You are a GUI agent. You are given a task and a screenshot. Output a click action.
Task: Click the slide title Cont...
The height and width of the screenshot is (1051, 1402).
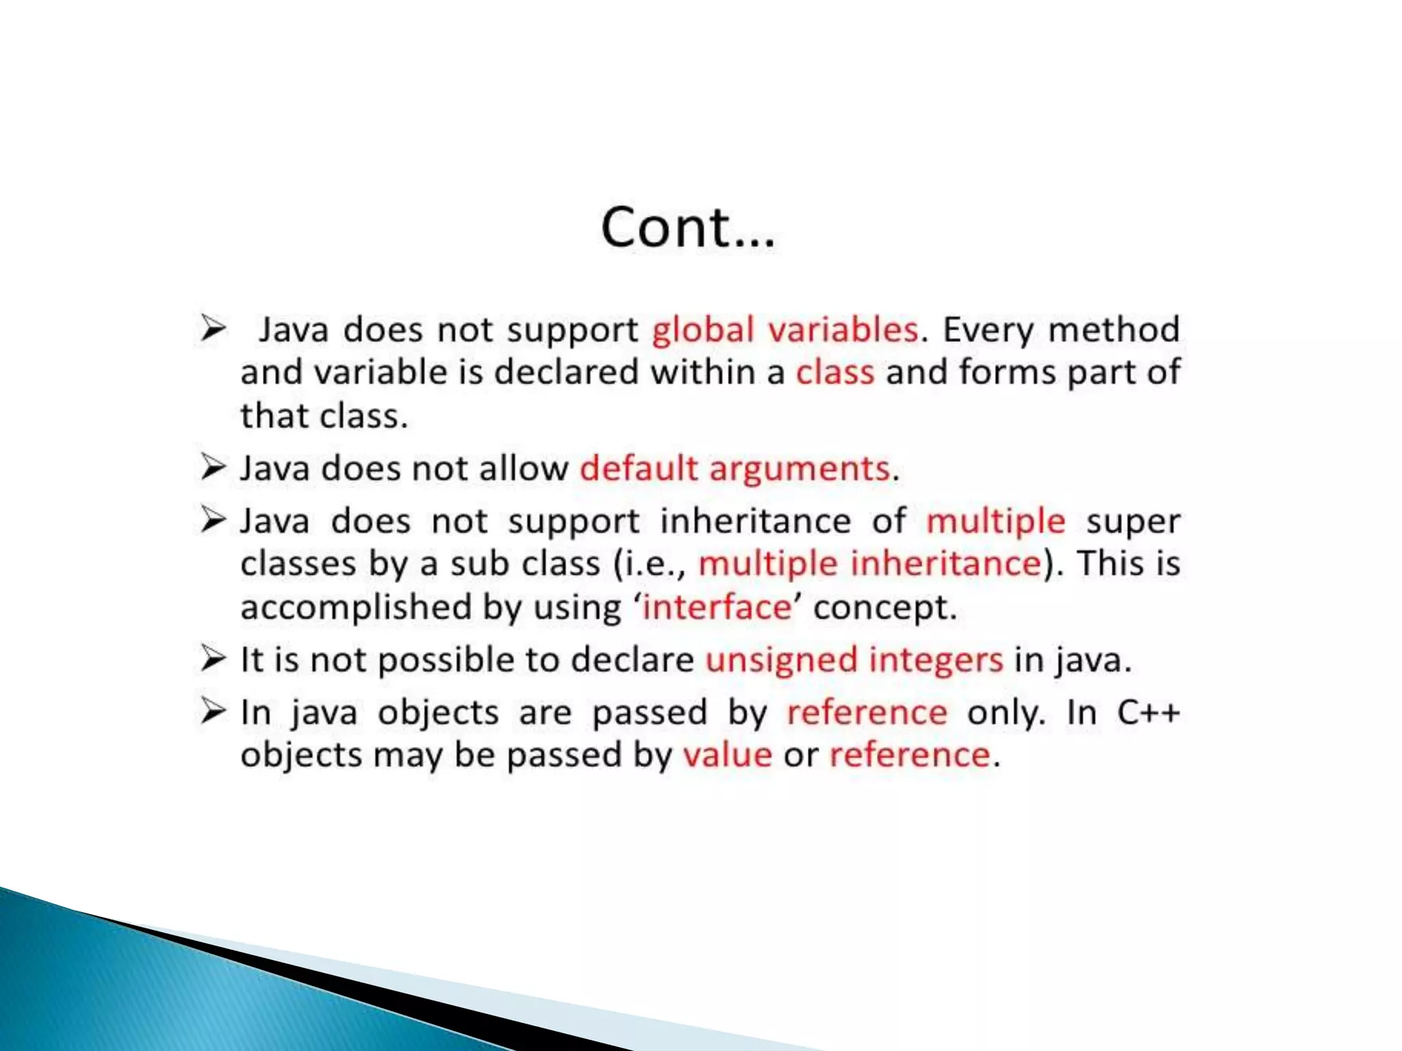[x=688, y=227]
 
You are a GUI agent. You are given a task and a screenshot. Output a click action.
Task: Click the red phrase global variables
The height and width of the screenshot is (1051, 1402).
[x=785, y=330]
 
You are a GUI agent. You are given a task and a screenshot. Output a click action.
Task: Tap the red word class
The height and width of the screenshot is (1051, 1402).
[x=834, y=373]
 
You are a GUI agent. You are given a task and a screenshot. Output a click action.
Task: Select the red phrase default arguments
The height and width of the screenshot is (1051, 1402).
[x=735, y=469]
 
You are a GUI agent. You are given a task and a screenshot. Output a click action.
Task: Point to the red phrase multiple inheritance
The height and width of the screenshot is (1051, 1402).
[x=869, y=565]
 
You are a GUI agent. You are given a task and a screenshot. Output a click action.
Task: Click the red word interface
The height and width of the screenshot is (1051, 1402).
[x=717, y=608]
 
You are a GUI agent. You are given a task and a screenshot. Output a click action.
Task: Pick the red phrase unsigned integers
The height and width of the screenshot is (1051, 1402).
[x=854, y=660]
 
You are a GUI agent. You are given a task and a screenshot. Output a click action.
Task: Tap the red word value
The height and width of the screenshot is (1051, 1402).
[x=728, y=755]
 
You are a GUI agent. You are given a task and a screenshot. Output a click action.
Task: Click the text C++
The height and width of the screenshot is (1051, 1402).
[x=1148, y=712]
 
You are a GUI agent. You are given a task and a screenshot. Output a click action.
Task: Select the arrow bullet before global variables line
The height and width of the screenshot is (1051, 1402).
[x=213, y=328]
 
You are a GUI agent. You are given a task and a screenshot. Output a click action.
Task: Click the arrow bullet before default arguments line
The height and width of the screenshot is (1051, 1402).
[x=213, y=467]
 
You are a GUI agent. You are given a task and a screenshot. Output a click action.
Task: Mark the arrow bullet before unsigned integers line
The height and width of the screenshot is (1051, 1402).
[x=213, y=658]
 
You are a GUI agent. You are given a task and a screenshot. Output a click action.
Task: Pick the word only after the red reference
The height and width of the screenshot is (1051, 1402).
[x=1006, y=712]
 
